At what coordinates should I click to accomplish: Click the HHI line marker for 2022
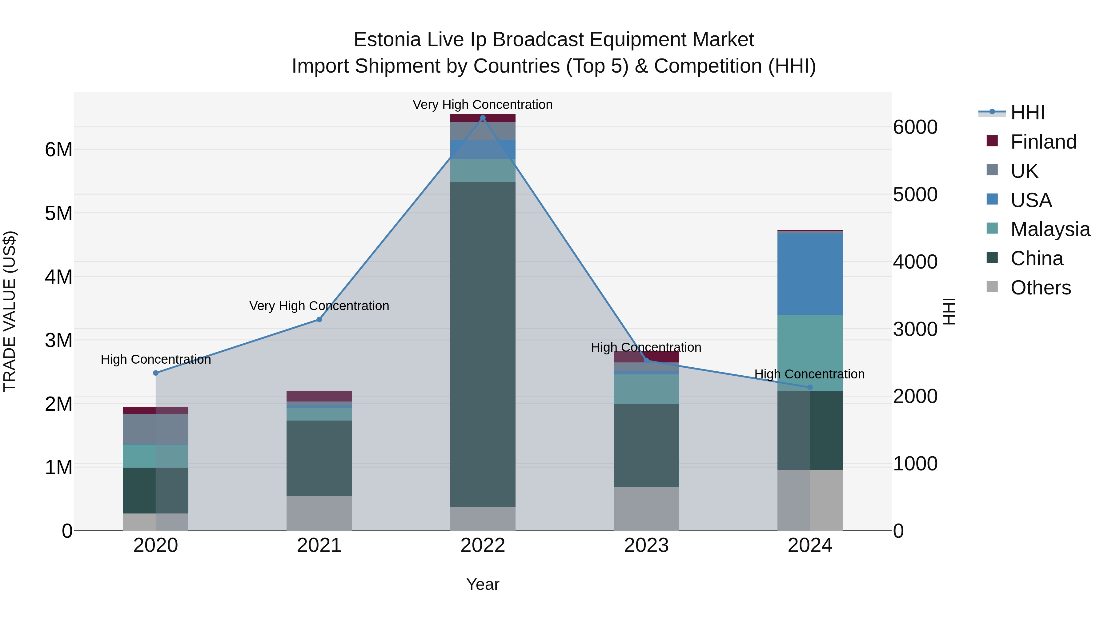coord(483,118)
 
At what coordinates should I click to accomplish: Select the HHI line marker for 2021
coord(319,319)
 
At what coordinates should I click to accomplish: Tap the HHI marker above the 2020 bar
coord(156,373)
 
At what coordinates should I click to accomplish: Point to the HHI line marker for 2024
coord(810,387)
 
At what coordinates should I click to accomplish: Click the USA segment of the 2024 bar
coord(810,274)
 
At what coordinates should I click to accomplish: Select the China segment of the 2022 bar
coord(483,344)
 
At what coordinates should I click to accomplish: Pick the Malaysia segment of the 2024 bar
coord(810,353)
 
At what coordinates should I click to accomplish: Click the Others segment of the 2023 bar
coord(646,509)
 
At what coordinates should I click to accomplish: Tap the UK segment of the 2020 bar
coord(156,429)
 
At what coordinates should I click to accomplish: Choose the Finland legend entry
coord(1043,142)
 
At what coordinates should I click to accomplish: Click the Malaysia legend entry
coord(1050,229)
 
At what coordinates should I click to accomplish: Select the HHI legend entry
coord(1027,113)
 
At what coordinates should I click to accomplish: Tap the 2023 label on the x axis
coord(646,545)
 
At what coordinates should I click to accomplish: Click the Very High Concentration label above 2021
coord(319,306)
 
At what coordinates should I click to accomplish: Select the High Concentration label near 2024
coord(809,374)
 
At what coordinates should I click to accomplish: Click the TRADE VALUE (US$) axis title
coord(10,311)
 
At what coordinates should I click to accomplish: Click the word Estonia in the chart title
coord(387,40)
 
